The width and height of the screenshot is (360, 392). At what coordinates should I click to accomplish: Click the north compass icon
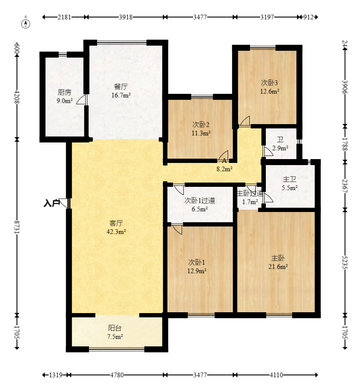tap(26, 24)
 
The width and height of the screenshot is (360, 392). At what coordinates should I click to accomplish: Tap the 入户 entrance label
tap(52, 203)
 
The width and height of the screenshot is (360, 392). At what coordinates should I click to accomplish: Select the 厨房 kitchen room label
tap(64, 93)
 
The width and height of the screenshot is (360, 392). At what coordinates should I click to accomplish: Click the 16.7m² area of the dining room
tap(121, 95)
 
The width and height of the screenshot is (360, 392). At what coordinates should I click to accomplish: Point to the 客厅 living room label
tap(116, 223)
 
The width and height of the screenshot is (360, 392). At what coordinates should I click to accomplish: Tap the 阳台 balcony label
tap(115, 328)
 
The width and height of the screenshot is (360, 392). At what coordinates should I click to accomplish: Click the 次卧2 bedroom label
tap(201, 124)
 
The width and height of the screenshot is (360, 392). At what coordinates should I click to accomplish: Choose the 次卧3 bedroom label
tap(270, 82)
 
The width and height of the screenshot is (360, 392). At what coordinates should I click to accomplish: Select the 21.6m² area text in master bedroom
tap(278, 267)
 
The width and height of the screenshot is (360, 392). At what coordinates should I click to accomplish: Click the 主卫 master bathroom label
tap(290, 179)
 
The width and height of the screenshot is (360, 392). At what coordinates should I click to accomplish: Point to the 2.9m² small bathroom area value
tap(280, 148)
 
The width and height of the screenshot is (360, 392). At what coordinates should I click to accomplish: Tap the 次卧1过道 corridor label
tap(199, 200)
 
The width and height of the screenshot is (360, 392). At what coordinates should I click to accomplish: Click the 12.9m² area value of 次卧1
tap(197, 271)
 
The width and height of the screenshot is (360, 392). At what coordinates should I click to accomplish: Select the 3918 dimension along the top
tap(126, 17)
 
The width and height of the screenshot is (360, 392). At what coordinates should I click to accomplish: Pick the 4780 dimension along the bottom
tap(117, 375)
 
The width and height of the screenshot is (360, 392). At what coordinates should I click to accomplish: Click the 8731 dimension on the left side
tap(17, 227)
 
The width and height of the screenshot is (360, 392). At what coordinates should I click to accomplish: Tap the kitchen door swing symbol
tap(81, 100)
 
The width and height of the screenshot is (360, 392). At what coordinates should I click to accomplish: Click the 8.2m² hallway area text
tap(225, 169)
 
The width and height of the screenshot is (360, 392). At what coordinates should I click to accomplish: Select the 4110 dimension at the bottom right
tap(276, 375)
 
